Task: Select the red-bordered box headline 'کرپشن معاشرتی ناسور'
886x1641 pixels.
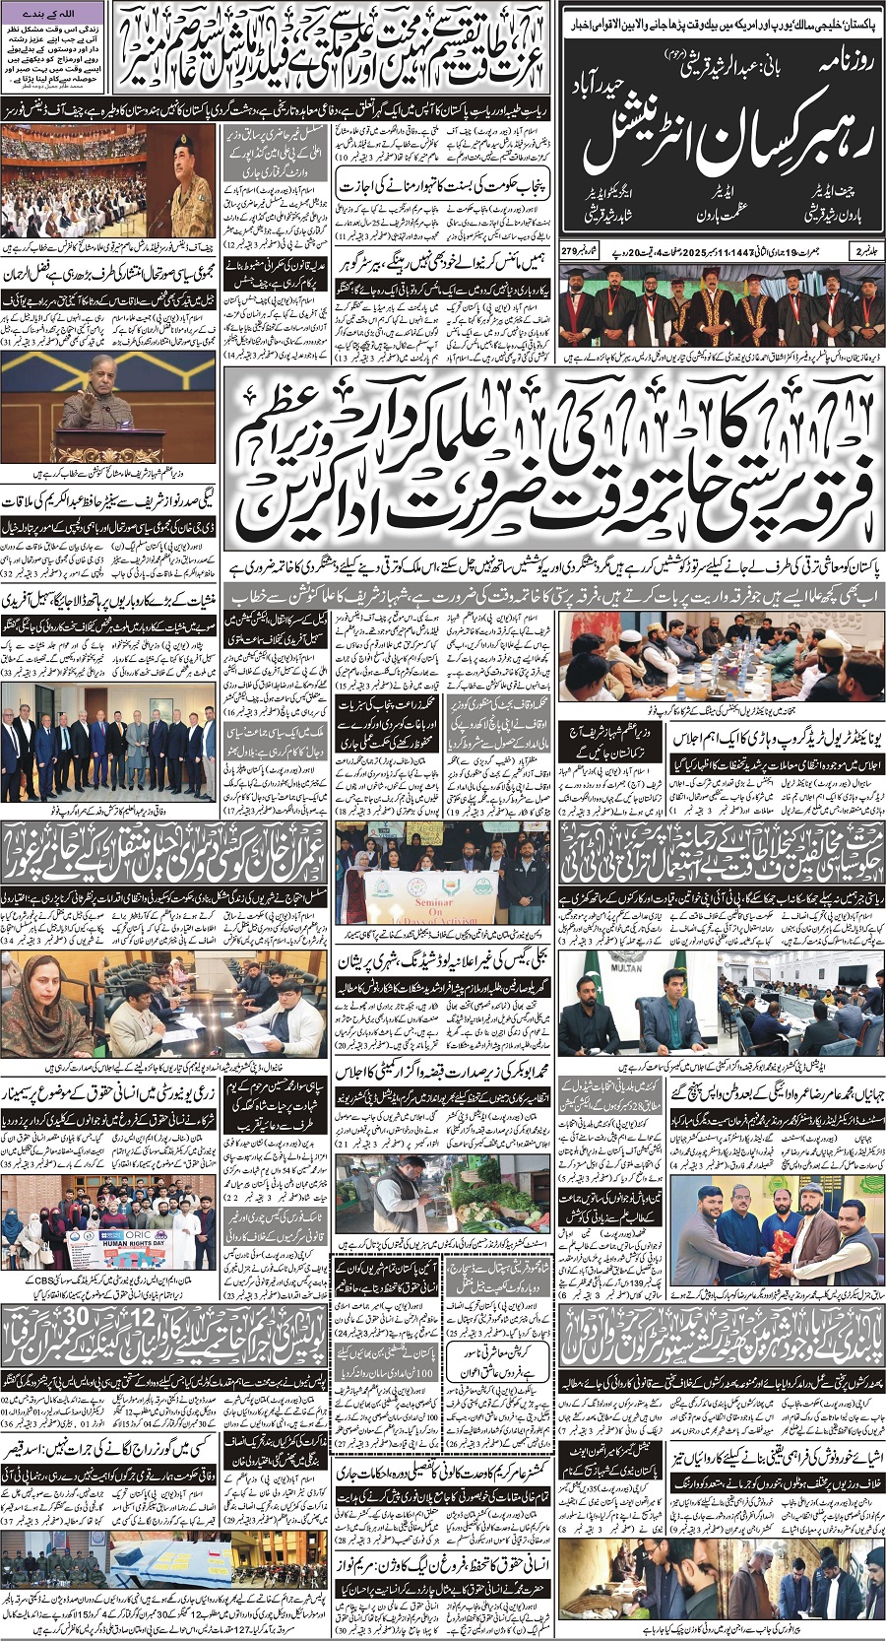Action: click(482, 1343)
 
